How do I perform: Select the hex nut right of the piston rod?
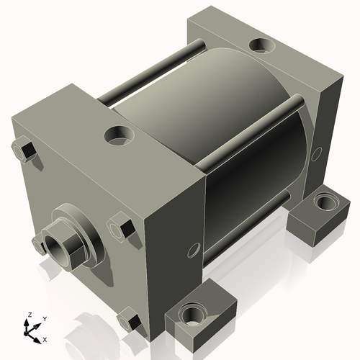(121, 228)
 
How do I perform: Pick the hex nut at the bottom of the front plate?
(129, 317)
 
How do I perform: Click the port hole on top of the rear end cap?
(260, 46)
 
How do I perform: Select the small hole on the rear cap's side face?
(318, 153)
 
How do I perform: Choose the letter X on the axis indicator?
(45, 338)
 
